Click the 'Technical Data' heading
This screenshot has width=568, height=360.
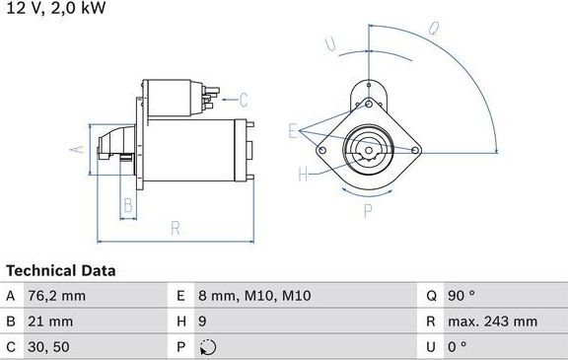61,270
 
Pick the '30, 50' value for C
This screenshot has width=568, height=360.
49,346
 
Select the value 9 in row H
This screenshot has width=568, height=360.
202,321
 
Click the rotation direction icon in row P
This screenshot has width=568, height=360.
205,346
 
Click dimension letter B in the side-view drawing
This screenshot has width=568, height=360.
126,206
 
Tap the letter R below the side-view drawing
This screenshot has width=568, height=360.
175,229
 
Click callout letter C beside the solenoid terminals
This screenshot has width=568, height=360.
245,99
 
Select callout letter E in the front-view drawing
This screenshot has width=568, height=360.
293,129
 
